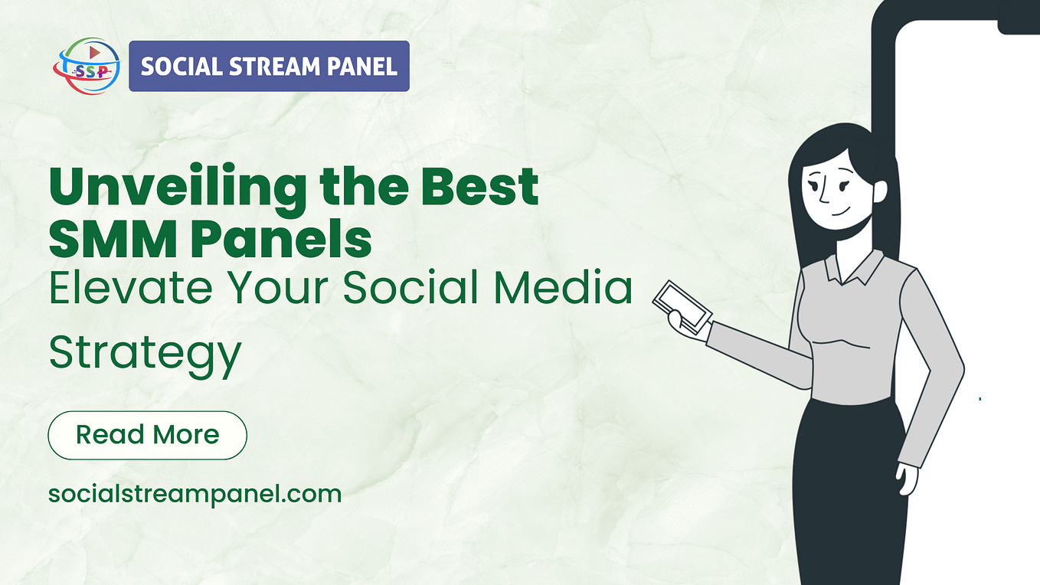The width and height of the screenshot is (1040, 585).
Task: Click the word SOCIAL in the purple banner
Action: pos(177,67)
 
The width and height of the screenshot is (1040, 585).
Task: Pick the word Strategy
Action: pos(145,355)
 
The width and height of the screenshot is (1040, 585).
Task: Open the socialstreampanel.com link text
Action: pos(195,494)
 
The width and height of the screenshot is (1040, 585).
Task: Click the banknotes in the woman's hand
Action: pos(682,306)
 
